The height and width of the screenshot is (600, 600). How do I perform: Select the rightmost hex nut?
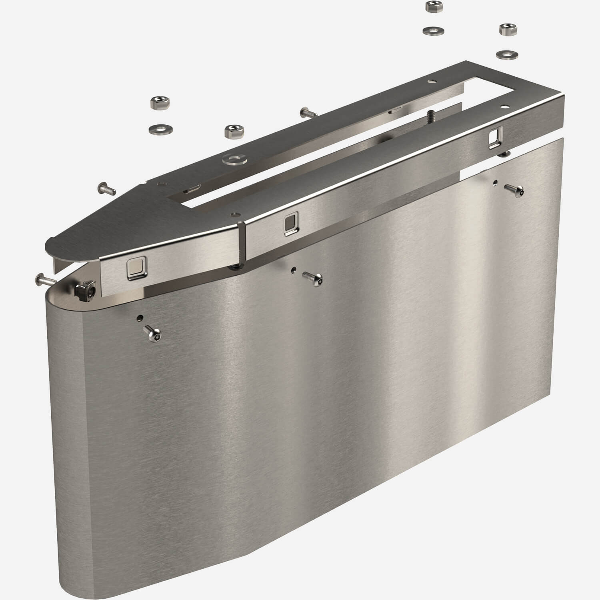pyautogui.click(x=506, y=29)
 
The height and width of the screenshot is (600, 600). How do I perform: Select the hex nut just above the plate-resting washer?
pyautogui.click(x=232, y=132)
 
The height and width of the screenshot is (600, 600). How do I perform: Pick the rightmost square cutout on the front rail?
pyautogui.click(x=494, y=138)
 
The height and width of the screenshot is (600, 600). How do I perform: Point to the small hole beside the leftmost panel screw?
pyautogui.click(x=139, y=318)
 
